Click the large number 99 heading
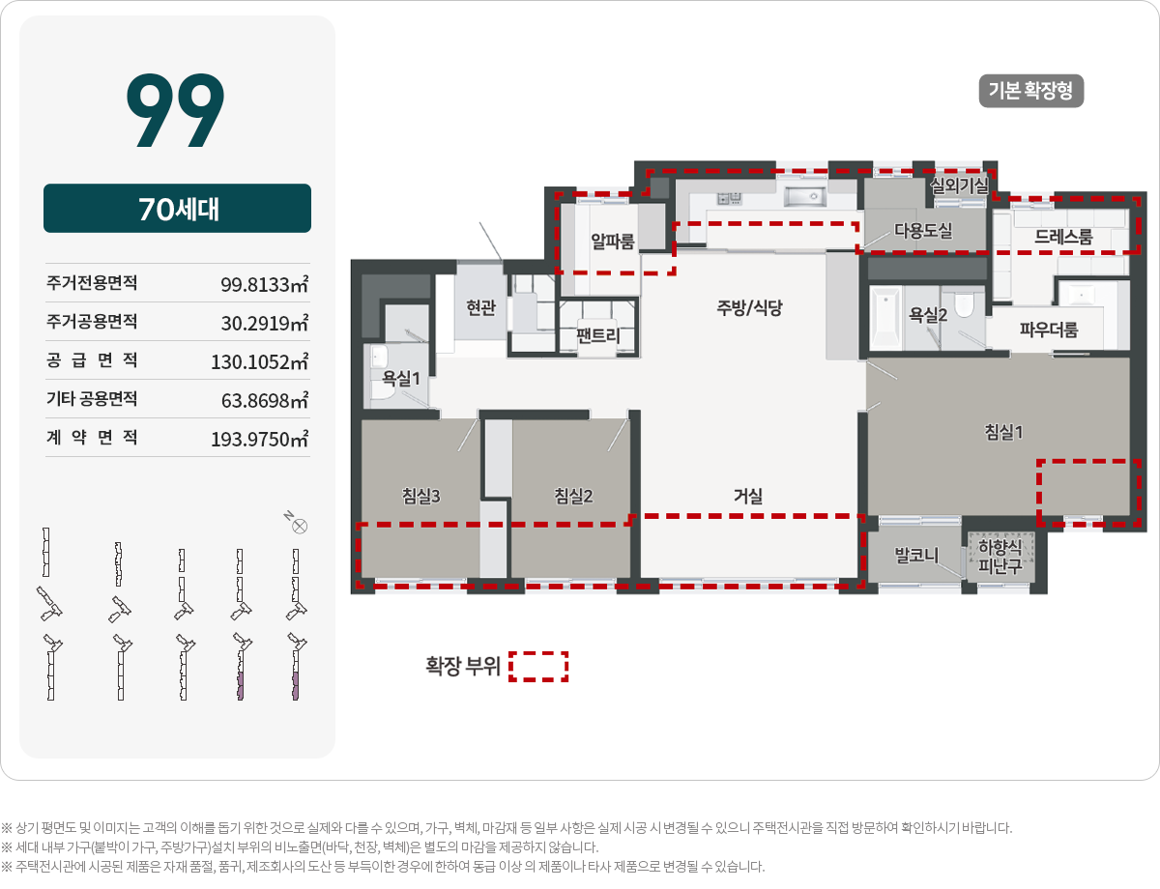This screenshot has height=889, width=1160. tap(176, 109)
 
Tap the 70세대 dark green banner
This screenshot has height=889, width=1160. tap(177, 208)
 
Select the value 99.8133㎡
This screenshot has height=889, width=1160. tap(264, 284)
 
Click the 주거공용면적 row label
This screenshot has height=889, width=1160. tap(92, 321)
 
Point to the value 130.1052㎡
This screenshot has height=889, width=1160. tap(259, 361)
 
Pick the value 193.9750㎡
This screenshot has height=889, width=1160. tap(259, 439)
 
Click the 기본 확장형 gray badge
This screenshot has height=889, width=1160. tap(1030, 91)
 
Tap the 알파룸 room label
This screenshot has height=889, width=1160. tap(612, 242)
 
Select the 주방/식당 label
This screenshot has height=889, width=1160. tap(749, 307)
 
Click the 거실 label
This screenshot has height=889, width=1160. tap(748, 496)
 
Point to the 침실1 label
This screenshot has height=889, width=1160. tap(1003, 432)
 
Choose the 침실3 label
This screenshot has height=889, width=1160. tap(421, 496)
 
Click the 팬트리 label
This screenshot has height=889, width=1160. tap(597, 335)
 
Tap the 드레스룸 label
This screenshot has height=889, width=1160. tap(1063, 237)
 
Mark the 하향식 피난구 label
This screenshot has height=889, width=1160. tap(1000, 556)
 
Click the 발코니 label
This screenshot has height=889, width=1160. tap(916, 556)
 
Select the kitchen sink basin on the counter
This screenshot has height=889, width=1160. tap(805, 196)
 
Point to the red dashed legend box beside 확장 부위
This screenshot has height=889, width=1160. tap(538, 667)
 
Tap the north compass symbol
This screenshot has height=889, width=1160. tap(300, 527)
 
